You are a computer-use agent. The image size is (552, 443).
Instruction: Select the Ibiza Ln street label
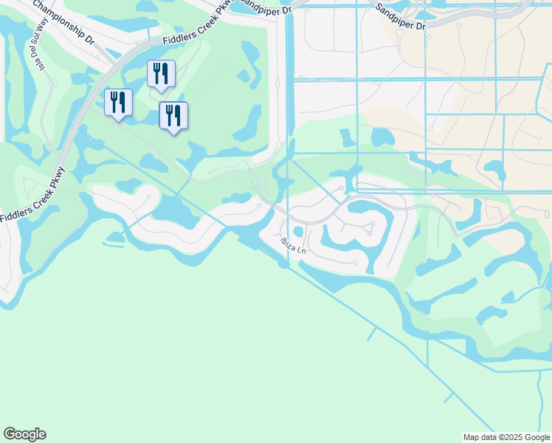pyautogui.click(x=293, y=245)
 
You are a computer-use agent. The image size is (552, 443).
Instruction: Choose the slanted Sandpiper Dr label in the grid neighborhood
pyautogui.click(x=400, y=16)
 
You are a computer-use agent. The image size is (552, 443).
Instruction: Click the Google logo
pyautogui.click(x=24, y=434)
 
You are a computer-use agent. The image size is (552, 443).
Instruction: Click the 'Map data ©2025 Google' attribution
pyautogui.click(x=506, y=437)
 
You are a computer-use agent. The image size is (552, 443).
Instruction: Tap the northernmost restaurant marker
pyautogui.click(x=161, y=73)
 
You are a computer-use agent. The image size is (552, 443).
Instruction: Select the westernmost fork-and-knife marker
pyautogui.click(x=118, y=102)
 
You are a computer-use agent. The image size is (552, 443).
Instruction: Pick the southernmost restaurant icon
pyautogui.click(x=173, y=115)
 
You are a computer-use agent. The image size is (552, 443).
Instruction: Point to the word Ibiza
pyautogui.click(x=288, y=242)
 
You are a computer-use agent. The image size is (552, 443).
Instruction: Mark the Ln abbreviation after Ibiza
pyautogui.click(x=301, y=249)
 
